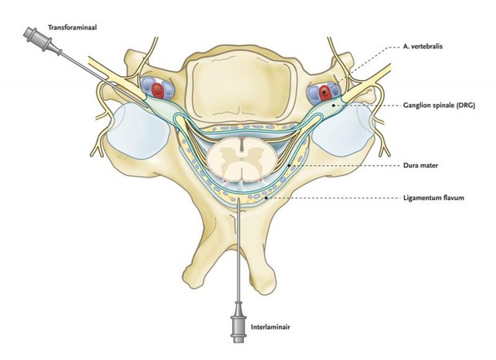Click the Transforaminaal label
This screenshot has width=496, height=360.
72,27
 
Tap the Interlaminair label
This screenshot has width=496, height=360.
270,326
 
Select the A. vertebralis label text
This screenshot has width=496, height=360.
422,46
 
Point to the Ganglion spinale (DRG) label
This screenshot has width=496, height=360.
439,106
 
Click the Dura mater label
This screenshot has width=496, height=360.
420,165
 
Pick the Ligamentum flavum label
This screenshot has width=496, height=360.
434,198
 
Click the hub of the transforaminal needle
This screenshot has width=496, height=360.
38,39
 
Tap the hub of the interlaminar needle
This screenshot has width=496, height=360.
238,326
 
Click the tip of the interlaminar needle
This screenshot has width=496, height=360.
238,199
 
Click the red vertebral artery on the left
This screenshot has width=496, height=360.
158,90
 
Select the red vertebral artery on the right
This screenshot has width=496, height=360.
325,92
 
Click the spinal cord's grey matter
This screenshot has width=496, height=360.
242,158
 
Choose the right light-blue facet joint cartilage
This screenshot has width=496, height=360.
343,130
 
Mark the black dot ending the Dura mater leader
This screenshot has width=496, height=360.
289,166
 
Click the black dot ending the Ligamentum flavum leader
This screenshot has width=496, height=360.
266,198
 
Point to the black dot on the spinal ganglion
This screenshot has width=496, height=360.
333,106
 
